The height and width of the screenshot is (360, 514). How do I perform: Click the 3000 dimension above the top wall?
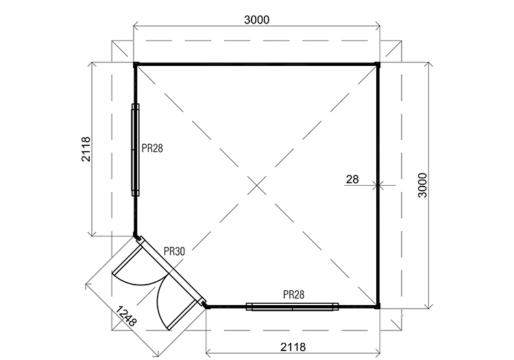(x=257, y=20)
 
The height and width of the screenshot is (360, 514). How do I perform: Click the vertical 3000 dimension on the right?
(x=423, y=185)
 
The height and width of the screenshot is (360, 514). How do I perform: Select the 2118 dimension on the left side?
(x=86, y=149)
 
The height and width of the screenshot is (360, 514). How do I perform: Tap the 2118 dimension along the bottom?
(x=293, y=346)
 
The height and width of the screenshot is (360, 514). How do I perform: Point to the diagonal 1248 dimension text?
(x=126, y=316)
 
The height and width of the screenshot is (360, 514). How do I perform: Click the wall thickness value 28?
(x=352, y=180)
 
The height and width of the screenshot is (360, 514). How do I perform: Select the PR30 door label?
(x=174, y=252)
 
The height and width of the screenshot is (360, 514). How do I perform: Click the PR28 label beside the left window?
(x=152, y=149)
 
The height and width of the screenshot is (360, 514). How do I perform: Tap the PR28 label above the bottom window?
(x=294, y=295)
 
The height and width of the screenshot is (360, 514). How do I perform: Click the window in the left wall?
(x=135, y=150)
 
